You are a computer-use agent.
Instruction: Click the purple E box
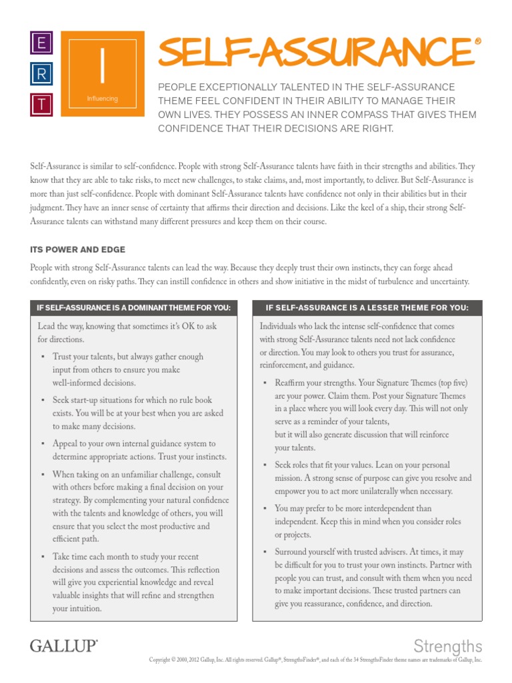pyautogui.click(x=41, y=44)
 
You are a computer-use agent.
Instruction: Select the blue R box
pyautogui.click(x=41, y=75)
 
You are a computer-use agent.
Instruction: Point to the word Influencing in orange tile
pyautogui.click(x=102, y=99)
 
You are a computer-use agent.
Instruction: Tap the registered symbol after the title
pyautogui.click(x=477, y=41)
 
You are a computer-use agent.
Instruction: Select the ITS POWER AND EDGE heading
pyautogui.click(x=77, y=249)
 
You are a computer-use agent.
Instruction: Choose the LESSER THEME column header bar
pyautogui.click(x=367, y=307)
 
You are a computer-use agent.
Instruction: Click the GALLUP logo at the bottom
pyautogui.click(x=63, y=645)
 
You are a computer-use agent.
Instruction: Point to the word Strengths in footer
pyautogui.click(x=447, y=645)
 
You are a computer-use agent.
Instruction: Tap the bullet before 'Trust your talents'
pyautogui.click(x=43, y=357)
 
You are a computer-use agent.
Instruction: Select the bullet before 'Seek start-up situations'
pyautogui.click(x=43, y=400)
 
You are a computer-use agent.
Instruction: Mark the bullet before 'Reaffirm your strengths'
pyautogui.click(x=265, y=383)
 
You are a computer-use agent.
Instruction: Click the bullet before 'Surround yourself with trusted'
pyautogui.click(x=265, y=552)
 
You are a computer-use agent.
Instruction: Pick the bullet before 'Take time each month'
pyautogui.click(x=43, y=556)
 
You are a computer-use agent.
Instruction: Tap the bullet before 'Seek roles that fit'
pyautogui.click(x=265, y=464)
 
